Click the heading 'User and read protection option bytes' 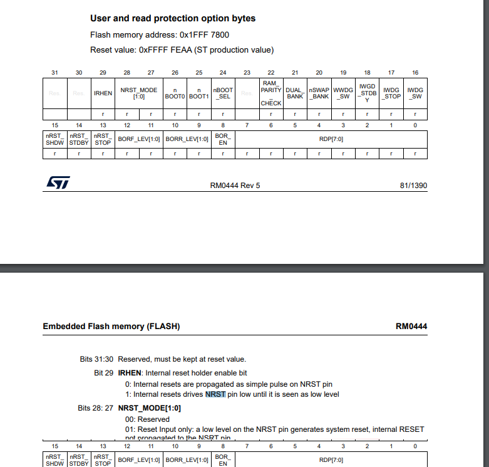tap(173, 19)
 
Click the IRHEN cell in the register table tap(103, 93)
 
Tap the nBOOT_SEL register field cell tap(223, 93)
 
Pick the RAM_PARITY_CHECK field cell tap(271, 93)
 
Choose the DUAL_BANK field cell tap(295, 93)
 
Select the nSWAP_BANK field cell tap(319, 93)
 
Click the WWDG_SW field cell tap(343, 93)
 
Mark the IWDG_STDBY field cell tap(367, 93)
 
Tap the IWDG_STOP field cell tap(391, 93)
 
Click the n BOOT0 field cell tap(175, 93)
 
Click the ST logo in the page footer tap(58, 182)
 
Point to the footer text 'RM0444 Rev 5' tap(235, 186)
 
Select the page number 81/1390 tap(413, 186)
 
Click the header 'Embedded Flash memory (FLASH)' tap(111, 327)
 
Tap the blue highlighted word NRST tap(215, 394)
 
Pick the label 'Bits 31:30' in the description tap(97, 359)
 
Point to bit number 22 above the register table tap(271, 73)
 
